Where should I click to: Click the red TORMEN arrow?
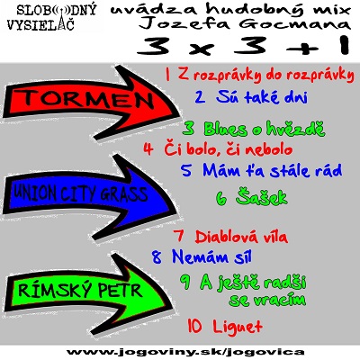point(90,102)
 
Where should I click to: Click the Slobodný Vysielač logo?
point(51,17)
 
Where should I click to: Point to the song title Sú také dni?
point(262,96)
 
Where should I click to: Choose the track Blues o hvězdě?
point(265,129)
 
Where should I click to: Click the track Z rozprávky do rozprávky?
point(266,75)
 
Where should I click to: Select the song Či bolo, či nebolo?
point(228,149)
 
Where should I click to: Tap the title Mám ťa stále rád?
point(273,170)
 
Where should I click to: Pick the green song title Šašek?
point(262,197)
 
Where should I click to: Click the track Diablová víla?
point(241,237)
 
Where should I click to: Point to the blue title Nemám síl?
point(211,256)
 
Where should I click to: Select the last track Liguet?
point(238,325)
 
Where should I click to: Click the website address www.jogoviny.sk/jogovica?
point(185,352)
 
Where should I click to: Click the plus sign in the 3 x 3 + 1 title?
point(302,49)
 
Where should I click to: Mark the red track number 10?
point(195,325)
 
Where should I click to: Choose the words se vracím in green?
point(267,300)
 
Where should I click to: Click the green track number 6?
point(222,199)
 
